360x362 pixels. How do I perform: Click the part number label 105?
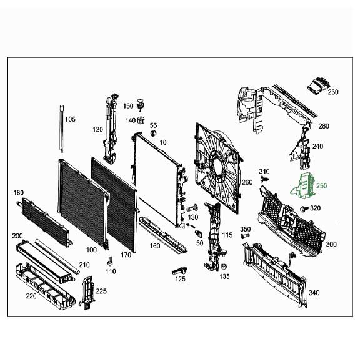(70, 119)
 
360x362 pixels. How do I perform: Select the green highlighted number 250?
(321, 186)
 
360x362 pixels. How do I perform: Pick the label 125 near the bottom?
(180, 279)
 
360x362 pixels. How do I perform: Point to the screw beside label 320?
(304, 208)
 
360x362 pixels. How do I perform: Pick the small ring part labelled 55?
(152, 133)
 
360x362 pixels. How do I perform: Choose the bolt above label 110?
(110, 261)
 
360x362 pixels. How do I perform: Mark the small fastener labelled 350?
(245, 237)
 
